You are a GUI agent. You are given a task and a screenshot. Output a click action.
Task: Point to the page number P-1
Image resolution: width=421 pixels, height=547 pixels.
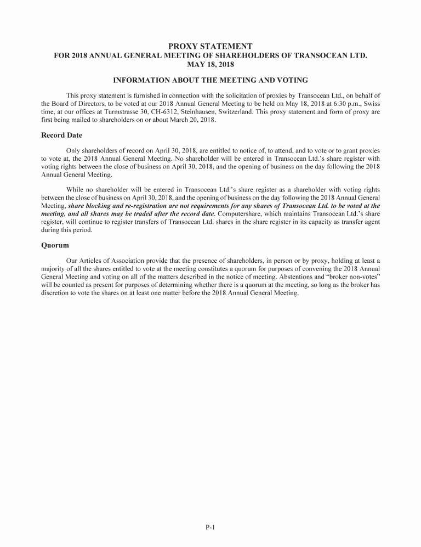click(210, 528)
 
